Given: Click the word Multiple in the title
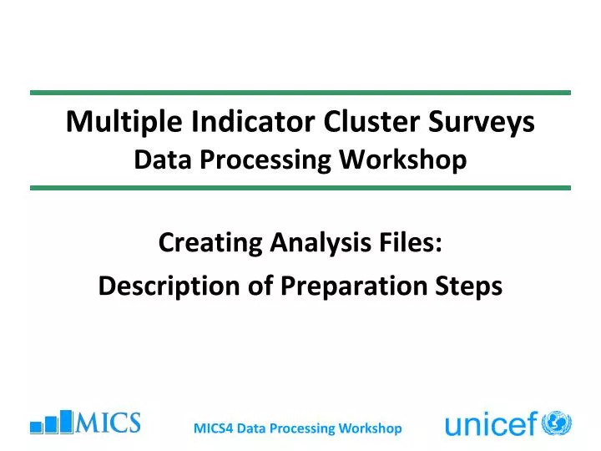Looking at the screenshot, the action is point(124,122).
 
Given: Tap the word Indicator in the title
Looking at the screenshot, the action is point(253,121).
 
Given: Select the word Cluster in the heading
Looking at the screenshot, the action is point(371,121).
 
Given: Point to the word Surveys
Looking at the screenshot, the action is point(482,122).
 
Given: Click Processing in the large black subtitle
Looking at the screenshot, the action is point(265,160).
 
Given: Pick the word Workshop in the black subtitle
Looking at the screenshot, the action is point(403,160).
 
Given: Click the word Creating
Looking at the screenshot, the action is point(210,244).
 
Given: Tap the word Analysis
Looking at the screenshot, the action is point(321,244).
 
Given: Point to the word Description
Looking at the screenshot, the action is point(169,286).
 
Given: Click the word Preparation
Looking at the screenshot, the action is point(354,286).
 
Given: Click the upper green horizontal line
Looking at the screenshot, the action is point(300,93).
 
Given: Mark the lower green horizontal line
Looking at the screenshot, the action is point(300,188).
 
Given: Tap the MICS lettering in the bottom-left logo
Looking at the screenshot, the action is point(108,423).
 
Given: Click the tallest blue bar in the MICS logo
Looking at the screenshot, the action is point(66,422).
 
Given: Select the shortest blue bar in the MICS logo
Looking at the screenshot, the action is point(36,428).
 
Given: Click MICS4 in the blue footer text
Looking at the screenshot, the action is point(214,428).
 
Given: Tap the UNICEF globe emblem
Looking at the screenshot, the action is point(557,423).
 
